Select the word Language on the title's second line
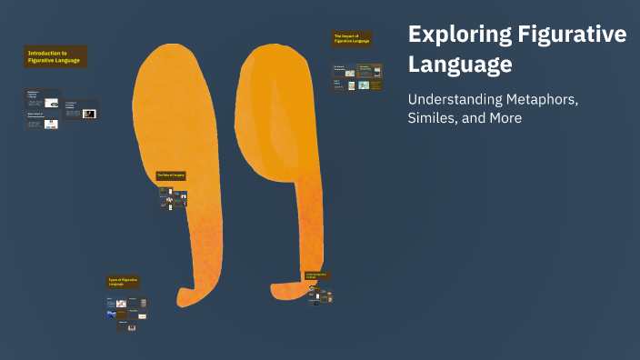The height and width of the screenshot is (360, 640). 460,65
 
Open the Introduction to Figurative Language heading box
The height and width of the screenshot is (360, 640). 55,57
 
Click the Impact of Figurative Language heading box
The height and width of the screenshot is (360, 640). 352,38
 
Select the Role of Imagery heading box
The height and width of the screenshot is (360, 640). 170,175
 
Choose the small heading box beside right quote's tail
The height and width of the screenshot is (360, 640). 317,275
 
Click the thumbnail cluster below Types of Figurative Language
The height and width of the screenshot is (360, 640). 127,312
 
